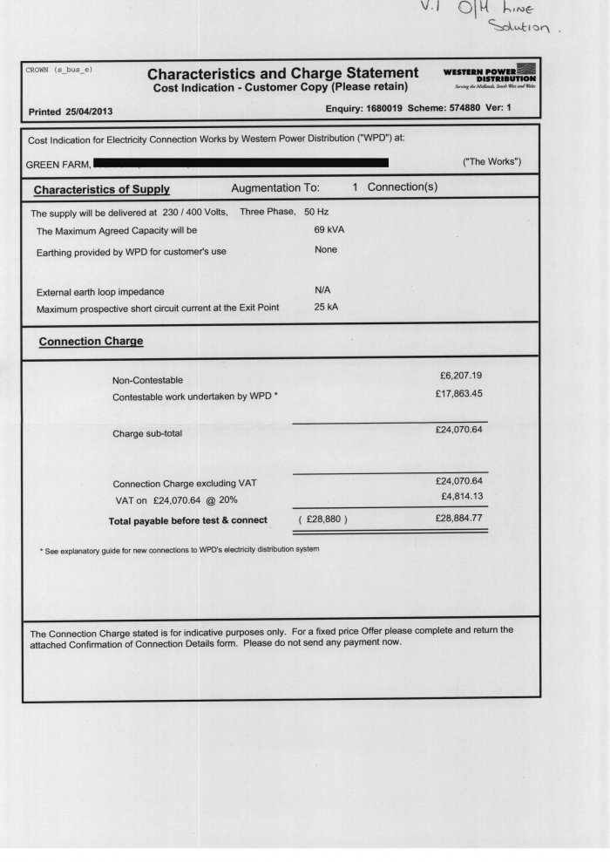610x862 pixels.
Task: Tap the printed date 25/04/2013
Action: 85,112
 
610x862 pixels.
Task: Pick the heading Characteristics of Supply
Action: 101,189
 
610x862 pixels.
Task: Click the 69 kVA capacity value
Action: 328,230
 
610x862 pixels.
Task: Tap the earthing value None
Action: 325,250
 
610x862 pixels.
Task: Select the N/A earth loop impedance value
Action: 322,290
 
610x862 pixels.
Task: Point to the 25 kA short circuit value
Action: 325,307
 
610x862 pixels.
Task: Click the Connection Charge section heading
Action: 91,341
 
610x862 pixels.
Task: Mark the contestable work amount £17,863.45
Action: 457,394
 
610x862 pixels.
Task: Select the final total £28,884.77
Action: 457,518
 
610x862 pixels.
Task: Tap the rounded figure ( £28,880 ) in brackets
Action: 322,520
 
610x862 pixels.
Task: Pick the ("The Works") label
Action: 491,163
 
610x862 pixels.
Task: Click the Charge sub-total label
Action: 147,433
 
